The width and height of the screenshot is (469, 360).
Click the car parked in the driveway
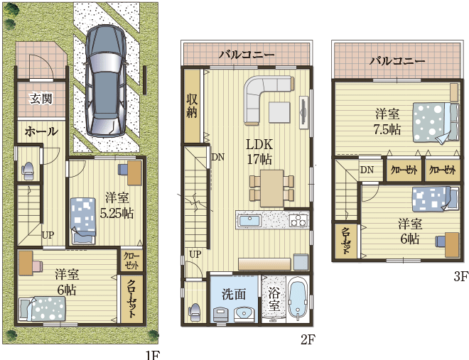pyautogui.click(x=105, y=81)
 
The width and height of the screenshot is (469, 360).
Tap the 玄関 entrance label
pyautogui.click(x=41, y=98)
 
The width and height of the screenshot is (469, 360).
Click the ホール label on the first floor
pyautogui.click(x=41, y=131)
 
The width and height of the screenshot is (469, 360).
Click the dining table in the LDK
pyautogui.click(x=271, y=188)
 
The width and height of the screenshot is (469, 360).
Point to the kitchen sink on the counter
pyautogui.click(x=250, y=222)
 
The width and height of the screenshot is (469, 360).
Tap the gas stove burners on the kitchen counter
pyautogui.click(x=298, y=221)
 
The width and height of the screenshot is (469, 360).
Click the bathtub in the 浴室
pyautogui.click(x=297, y=300)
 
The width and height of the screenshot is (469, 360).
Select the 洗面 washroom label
pyautogui.click(x=234, y=294)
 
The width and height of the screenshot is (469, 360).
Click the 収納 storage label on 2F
pyautogui.click(x=192, y=106)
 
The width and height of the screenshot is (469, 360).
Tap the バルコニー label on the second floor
pyautogui.click(x=247, y=55)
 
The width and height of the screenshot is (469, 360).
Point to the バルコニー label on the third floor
pyautogui.click(x=397, y=61)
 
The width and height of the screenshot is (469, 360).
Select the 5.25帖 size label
pyautogui.click(x=117, y=213)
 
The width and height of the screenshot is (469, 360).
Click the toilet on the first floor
pyautogui.click(x=28, y=170)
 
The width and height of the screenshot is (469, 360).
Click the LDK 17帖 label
pyautogui.click(x=259, y=152)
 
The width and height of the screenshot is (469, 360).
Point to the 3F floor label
pyautogui.click(x=460, y=277)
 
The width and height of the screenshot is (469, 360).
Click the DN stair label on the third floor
pyautogui.click(x=367, y=170)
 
